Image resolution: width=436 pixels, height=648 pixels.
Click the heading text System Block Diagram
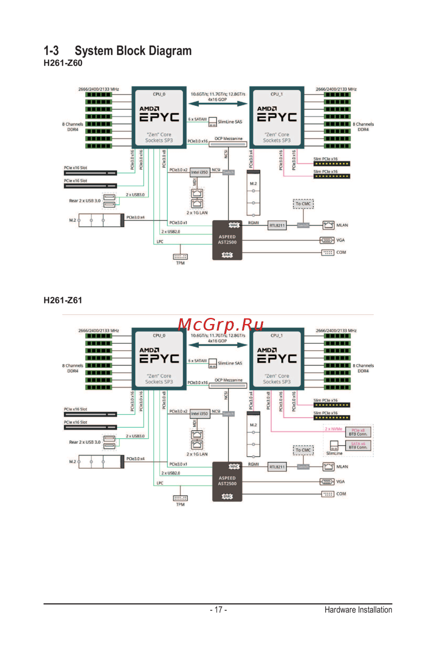pyautogui.click(x=133, y=51)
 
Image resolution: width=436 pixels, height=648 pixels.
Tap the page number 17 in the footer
pyautogui.click(x=218, y=610)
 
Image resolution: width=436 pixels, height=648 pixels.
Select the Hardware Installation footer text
pyautogui.click(x=358, y=610)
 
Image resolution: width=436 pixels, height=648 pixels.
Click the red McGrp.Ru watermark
pyautogui.click(x=221, y=324)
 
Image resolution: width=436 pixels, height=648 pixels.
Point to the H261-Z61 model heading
pyautogui.click(x=63, y=300)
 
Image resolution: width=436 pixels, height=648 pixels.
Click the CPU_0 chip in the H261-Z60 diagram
pyautogui.click(x=159, y=117)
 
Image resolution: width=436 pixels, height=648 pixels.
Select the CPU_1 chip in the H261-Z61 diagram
pyautogui.click(x=277, y=359)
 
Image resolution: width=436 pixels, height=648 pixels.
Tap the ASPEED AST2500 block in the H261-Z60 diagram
pyautogui.click(x=227, y=240)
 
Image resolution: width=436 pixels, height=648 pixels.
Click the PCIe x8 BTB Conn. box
pyautogui.click(x=358, y=432)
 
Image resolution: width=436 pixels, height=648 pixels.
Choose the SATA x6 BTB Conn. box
pyautogui.click(x=358, y=445)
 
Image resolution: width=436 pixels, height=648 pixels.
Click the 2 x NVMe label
pyautogui.click(x=334, y=429)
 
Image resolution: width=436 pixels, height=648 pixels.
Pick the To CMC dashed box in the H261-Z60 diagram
pyautogui.click(x=303, y=204)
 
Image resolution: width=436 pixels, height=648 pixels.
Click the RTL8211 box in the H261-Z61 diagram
pyautogui.click(x=277, y=467)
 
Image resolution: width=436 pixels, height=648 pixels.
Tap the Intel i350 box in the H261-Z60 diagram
pyautogui.click(x=200, y=172)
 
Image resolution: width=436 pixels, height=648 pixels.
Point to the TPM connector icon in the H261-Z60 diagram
pyautogui.click(x=180, y=257)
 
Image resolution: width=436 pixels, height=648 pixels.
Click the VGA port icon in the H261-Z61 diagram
pyautogui.click(x=327, y=481)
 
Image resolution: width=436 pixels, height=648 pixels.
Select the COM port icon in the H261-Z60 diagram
pyautogui.click(x=328, y=252)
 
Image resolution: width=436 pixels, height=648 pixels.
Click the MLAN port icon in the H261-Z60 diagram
pyautogui.click(x=328, y=225)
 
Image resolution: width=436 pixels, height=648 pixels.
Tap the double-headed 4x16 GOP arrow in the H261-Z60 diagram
pyautogui.click(x=218, y=104)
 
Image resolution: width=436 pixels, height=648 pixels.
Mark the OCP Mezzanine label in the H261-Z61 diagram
pyautogui.click(x=228, y=380)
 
